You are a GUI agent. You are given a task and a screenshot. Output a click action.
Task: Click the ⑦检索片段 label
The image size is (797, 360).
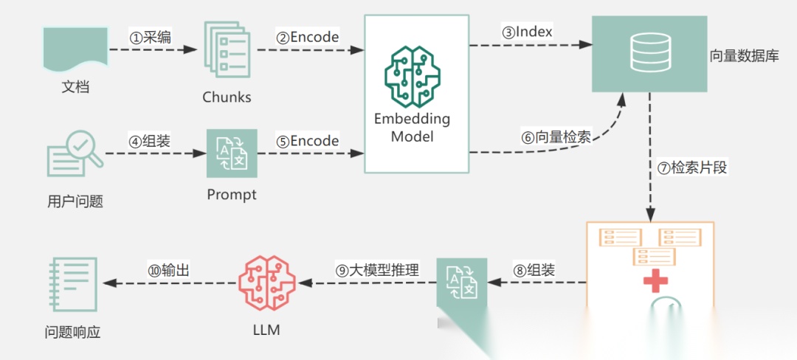[691, 167]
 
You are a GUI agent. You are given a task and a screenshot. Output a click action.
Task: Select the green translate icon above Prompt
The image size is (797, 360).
[231, 153]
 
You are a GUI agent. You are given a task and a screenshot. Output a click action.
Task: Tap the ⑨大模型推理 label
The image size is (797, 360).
[377, 270]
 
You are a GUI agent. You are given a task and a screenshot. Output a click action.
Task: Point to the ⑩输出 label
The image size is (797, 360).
[169, 270]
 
